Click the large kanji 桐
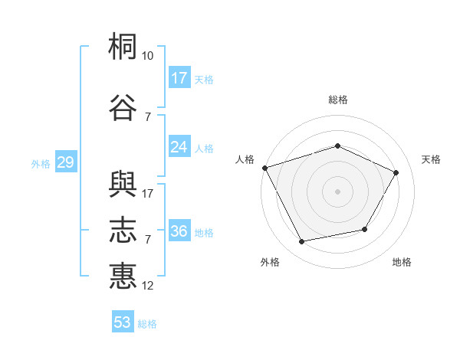pos(123,46)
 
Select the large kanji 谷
pos(123,107)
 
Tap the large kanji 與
pos(123,184)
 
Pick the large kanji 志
pos(123,230)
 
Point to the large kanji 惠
pos(123,277)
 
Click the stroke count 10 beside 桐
pos(147,56)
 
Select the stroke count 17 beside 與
pos(147,194)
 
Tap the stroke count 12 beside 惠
pos(147,286)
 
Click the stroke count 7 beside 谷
pos(148,117)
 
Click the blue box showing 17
pos(179,77)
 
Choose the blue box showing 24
pos(179,146)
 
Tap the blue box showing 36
pos(179,230)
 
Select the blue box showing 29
pos(66,162)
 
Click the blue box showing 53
pos(123,321)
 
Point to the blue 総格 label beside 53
pos(147,324)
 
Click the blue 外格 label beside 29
pos(41,164)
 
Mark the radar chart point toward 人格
pos(265,168)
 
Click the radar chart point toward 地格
pos(365,229)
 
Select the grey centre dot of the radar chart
pos(337,191)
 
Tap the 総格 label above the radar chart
pos(338,100)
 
